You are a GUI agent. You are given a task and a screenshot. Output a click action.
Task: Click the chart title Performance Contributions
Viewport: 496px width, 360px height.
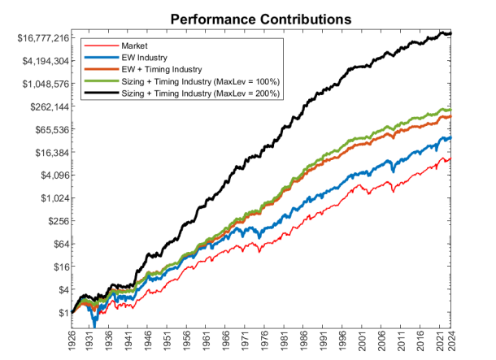coord(261,17)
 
